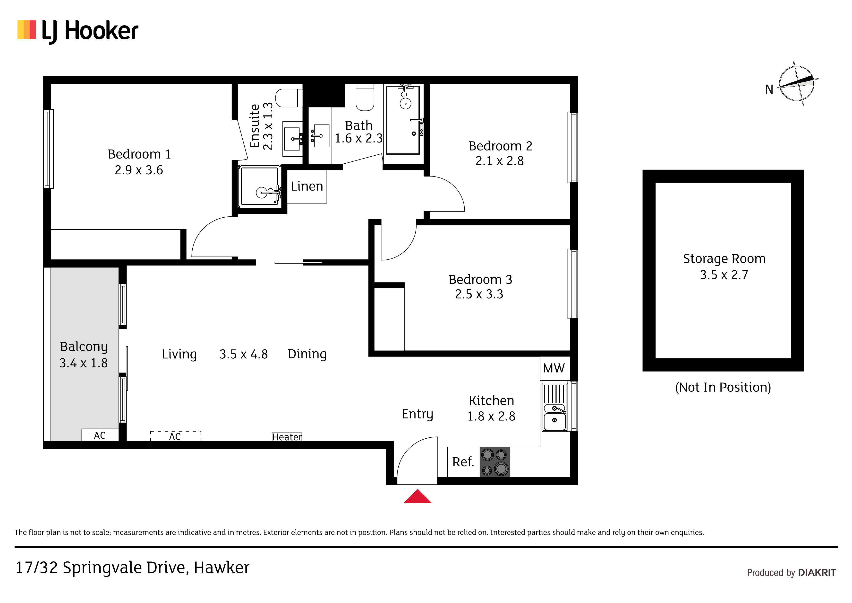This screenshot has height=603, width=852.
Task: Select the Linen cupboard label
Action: (307, 186)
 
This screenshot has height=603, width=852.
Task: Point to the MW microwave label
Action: (554, 368)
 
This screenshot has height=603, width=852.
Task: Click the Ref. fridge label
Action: (463, 462)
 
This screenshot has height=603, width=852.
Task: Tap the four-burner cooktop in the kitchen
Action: (495, 462)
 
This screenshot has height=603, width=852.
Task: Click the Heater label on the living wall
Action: (287, 437)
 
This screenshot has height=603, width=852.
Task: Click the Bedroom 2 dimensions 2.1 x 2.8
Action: (500, 161)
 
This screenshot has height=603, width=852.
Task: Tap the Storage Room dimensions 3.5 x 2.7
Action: (724, 275)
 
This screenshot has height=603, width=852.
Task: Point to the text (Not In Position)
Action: (723, 388)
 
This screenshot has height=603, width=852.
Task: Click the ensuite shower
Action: (260, 186)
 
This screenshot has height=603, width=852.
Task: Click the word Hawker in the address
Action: (222, 568)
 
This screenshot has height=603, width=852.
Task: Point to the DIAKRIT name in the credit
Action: (817, 573)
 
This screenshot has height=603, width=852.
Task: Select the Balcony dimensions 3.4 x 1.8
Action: (84, 363)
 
